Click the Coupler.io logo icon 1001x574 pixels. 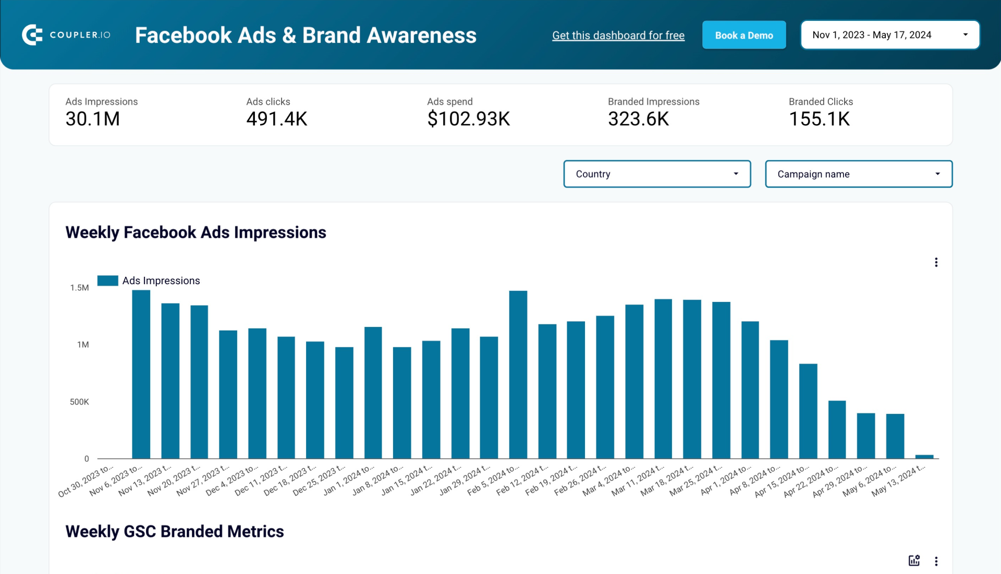32,35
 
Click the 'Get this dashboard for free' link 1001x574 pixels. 618,35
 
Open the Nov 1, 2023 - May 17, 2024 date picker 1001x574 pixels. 889,35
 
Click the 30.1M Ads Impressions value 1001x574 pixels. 93,119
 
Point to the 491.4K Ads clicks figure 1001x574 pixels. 276,119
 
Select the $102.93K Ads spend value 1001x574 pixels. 468,119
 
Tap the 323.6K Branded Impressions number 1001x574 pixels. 638,119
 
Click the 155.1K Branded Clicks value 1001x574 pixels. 819,119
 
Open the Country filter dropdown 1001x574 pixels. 656,174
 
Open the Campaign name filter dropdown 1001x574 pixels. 858,174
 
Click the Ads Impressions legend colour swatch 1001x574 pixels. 108,280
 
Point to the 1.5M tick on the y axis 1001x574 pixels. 80,288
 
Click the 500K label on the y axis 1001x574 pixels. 79,402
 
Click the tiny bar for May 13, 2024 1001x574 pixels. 924,457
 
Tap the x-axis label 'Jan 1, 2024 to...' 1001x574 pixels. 348,480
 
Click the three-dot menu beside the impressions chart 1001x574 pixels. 936,262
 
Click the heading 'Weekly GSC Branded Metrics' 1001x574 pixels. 175,531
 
